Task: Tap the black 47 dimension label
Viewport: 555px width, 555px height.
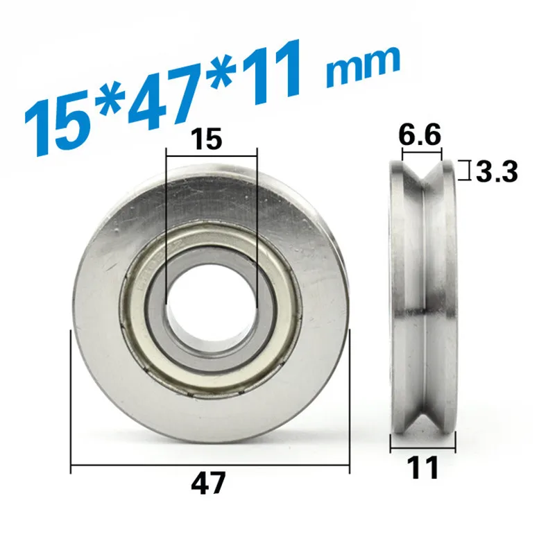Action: pyautogui.click(x=208, y=483)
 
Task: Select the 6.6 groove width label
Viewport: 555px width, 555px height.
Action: pyautogui.click(x=420, y=135)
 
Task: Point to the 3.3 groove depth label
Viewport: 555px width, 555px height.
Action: pyautogui.click(x=497, y=171)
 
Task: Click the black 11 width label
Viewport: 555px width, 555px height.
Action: pyautogui.click(x=423, y=468)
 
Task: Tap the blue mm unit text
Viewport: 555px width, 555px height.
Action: pyautogui.click(x=364, y=68)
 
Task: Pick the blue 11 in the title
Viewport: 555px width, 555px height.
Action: pyautogui.click(x=272, y=73)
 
